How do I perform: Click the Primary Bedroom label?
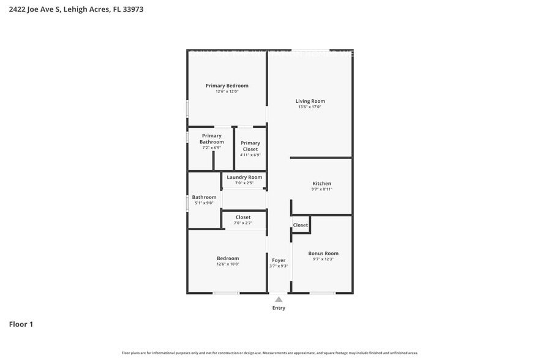(227, 86)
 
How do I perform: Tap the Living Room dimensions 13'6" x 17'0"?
(310, 107)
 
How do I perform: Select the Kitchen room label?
(321, 184)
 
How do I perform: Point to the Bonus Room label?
(323, 253)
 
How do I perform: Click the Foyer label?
(279, 260)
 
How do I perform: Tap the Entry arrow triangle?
(279, 299)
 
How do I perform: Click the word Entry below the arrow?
(279, 308)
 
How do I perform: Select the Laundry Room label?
(244, 178)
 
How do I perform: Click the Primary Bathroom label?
(211, 139)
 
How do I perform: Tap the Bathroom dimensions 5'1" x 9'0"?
(204, 203)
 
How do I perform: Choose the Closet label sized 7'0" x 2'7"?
(243, 217)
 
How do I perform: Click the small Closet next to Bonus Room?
(301, 225)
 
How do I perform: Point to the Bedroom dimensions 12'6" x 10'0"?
(228, 264)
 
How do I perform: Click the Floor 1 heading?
(21, 324)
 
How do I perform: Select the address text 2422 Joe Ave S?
(34, 9)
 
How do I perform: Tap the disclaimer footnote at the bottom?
(269, 353)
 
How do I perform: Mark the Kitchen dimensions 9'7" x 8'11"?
(321, 190)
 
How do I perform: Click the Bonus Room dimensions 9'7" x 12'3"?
(323, 260)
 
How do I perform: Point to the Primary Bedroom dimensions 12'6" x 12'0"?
(227, 92)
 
